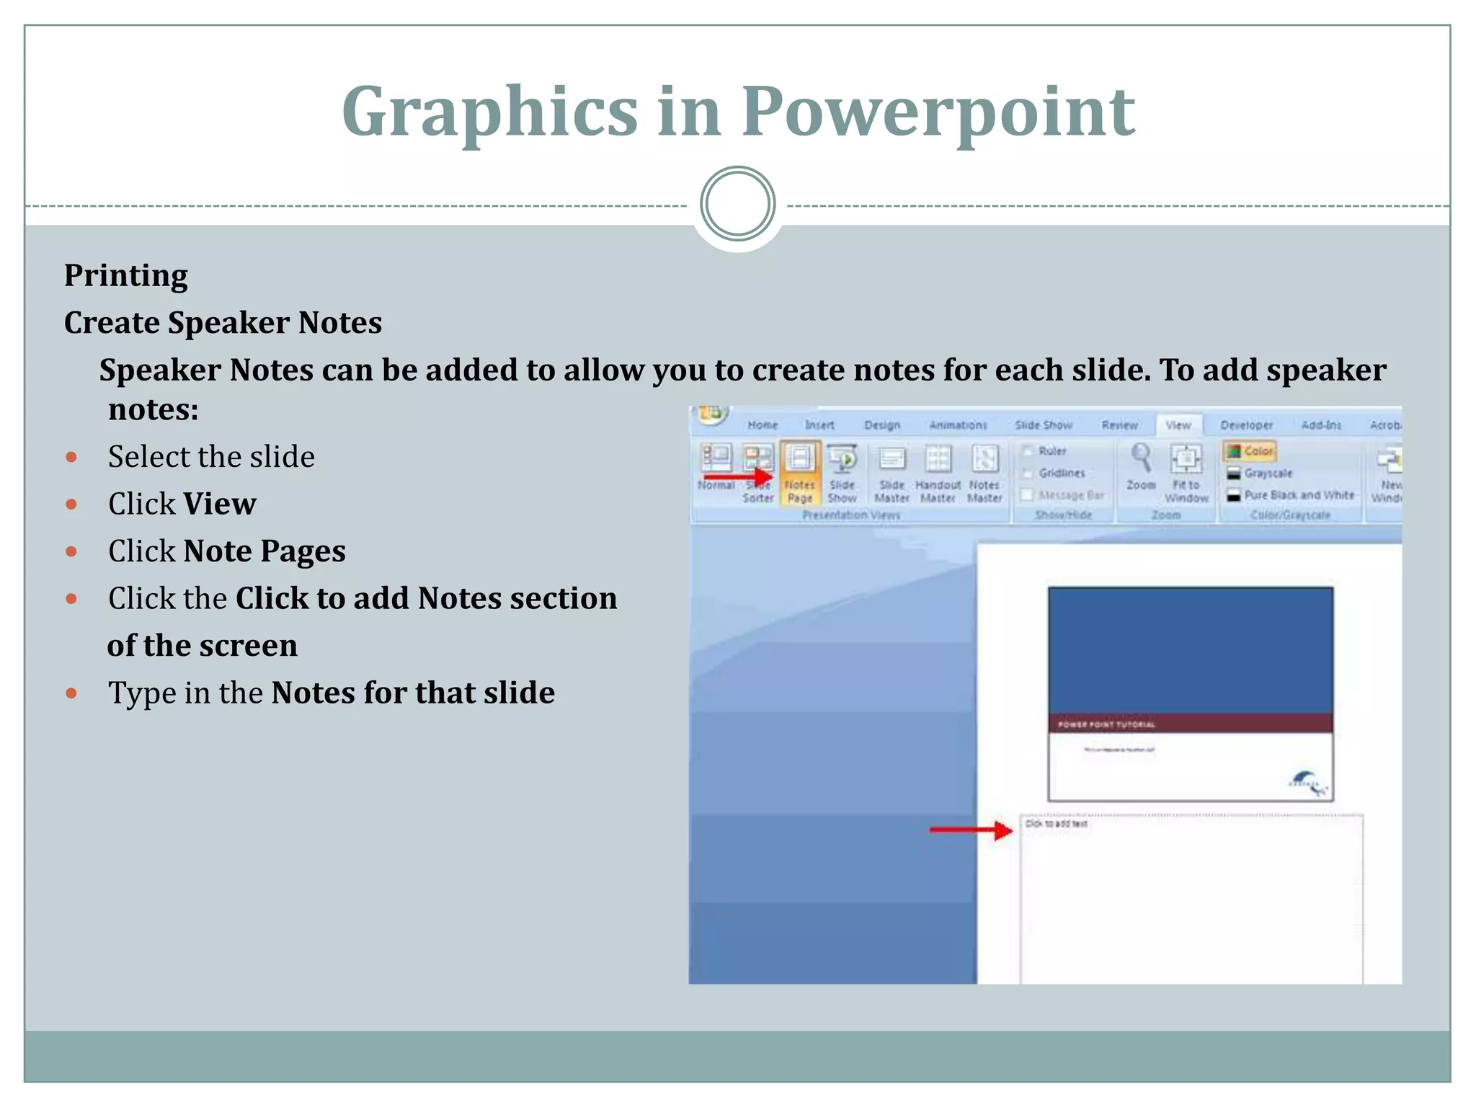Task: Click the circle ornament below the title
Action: pos(737,204)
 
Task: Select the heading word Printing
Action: pos(126,275)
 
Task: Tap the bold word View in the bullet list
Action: pos(219,504)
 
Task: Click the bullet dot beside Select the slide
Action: pos(71,457)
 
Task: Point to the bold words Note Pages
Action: pos(264,551)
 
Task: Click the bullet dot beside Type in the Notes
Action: pos(71,693)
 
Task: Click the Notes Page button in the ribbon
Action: pos(799,472)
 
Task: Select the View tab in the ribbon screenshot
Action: pos(1178,425)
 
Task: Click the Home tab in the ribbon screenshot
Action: pos(763,425)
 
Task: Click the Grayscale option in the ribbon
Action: pos(1268,474)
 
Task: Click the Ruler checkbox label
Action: pos(1052,451)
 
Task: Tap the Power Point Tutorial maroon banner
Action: pos(1190,724)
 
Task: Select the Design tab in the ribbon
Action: pos(882,425)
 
